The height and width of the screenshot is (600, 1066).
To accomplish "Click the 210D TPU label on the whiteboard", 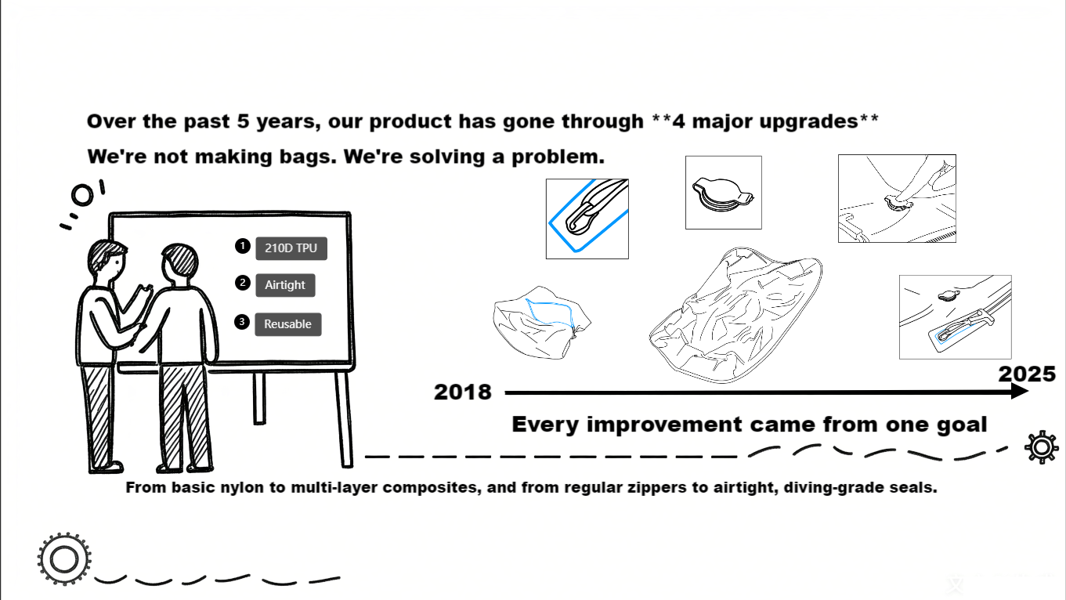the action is tap(291, 248).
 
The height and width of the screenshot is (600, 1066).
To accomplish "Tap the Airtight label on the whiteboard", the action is tap(285, 285).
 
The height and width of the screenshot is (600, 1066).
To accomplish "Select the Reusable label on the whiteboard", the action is tap(288, 324).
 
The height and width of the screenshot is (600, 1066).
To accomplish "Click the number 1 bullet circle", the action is tap(243, 246).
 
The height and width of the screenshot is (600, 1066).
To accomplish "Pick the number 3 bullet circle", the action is tap(242, 322).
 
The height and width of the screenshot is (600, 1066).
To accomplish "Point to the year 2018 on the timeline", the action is tap(463, 392).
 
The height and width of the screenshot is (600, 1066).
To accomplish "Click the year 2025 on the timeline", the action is tap(1027, 374).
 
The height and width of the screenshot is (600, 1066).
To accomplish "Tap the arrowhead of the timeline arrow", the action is tap(1019, 392).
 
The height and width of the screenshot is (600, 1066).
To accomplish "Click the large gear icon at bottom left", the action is tap(64, 559).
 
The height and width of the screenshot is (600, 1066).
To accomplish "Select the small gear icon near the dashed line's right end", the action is tap(1042, 447).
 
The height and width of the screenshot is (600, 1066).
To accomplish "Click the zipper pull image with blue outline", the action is tap(587, 219).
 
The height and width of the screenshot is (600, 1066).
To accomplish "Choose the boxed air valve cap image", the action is tap(724, 193).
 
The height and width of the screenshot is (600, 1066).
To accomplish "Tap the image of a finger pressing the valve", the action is tap(897, 198).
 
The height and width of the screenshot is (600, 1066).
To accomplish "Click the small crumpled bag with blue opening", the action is tap(541, 323).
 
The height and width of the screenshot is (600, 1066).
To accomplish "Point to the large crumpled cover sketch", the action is tap(735, 315).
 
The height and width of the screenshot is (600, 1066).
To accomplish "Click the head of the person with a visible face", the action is tap(107, 259).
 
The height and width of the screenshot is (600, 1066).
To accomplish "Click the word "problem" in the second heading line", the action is tap(555, 157).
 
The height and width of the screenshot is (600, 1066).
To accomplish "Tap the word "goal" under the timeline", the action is tap(963, 425).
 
